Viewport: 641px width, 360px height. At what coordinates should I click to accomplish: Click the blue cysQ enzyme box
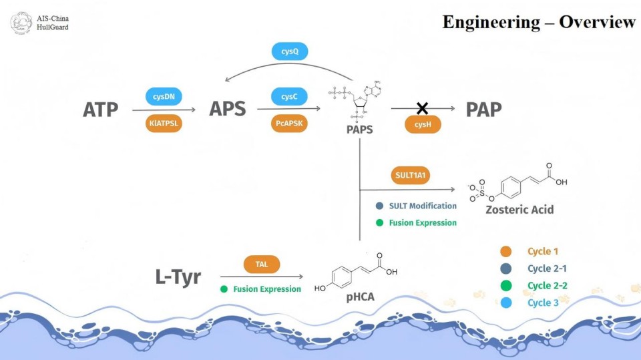289,51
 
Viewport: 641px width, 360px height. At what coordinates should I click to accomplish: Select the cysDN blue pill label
163,97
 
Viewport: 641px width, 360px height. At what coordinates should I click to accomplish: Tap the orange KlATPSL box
163,124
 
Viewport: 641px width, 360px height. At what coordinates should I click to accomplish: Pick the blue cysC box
289,97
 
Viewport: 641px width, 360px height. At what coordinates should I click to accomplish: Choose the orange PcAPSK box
289,124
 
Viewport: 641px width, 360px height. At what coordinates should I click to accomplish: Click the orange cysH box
423,124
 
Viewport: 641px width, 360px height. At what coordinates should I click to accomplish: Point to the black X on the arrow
422,108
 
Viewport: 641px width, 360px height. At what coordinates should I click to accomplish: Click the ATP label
101,110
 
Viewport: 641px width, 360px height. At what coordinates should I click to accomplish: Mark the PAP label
483,110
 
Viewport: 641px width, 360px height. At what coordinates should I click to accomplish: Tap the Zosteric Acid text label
519,210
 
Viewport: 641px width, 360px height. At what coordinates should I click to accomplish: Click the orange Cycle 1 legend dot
506,252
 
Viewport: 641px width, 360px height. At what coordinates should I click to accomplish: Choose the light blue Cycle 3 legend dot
506,303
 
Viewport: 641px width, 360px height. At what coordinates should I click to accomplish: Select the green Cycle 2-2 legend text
549,286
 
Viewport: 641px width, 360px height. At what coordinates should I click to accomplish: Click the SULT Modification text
423,206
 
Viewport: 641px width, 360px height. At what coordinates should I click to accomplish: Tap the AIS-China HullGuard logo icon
21,22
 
